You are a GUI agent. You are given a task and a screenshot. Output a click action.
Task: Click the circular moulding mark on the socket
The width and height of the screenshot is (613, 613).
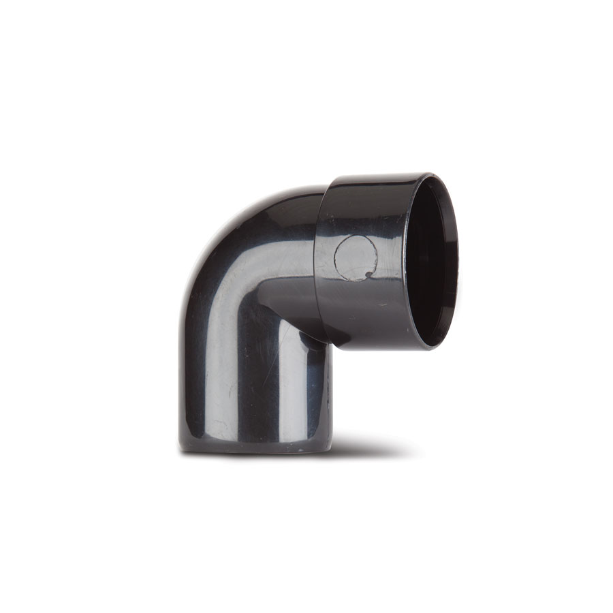(x=356, y=257)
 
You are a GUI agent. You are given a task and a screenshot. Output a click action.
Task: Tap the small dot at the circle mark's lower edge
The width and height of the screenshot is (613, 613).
(x=368, y=275)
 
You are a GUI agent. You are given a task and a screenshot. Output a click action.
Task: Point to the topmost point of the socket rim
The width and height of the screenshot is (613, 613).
(x=430, y=174)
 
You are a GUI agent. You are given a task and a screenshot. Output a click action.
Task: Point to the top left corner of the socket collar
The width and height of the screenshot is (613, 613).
(x=327, y=181)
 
